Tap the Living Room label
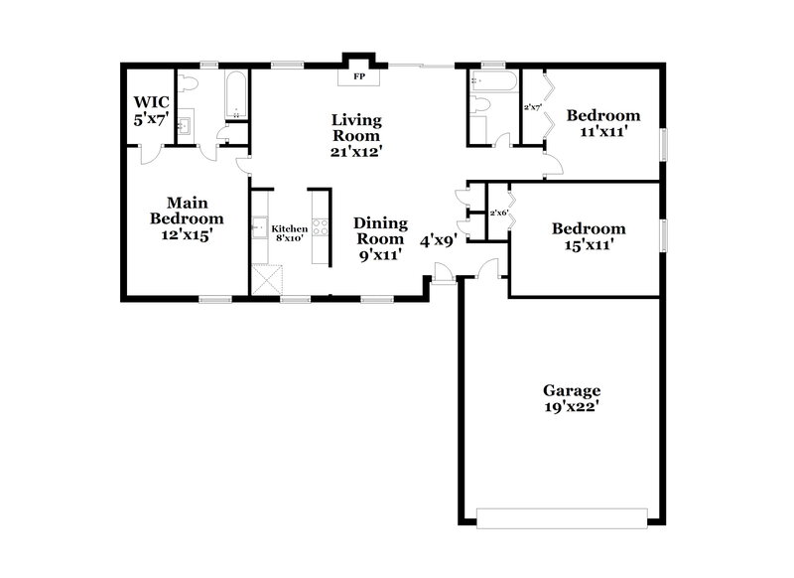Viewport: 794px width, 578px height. click(x=356, y=135)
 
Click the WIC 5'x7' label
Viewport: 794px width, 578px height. click(x=153, y=109)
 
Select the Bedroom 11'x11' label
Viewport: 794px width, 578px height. click(x=602, y=122)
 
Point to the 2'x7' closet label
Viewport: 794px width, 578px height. click(x=532, y=106)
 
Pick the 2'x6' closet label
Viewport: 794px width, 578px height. click(x=498, y=213)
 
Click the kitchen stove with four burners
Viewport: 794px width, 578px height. click(x=320, y=226)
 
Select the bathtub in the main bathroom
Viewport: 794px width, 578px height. click(x=237, y=95)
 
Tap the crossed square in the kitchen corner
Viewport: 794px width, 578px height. click(x=265, y=281)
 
